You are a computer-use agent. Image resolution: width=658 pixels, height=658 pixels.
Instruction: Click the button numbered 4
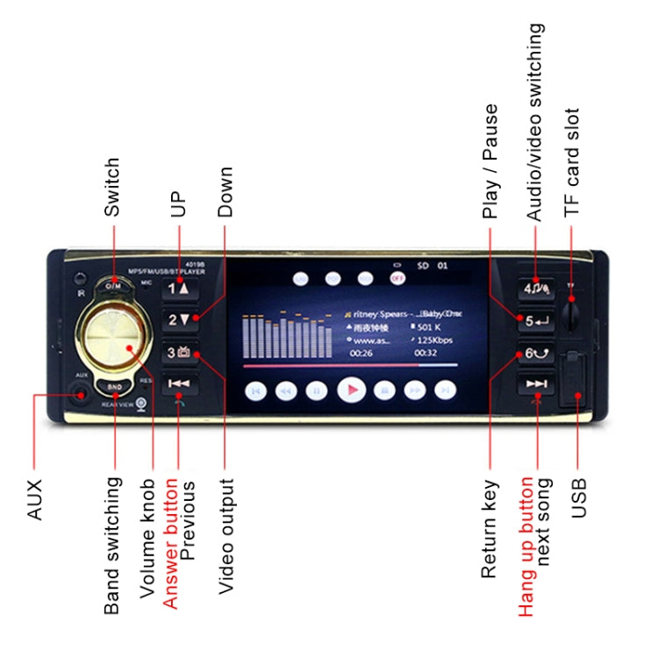pyautogui.click(x=535, y=288)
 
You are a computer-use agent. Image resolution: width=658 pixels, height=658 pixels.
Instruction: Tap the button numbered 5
pyautogui.click(x=535, y=320)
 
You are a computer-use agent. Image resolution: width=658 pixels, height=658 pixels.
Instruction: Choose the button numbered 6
pyautogui.click(x=535, y=354)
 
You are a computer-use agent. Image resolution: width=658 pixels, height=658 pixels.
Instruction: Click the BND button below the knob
pyautogui.click(x=115, y=385)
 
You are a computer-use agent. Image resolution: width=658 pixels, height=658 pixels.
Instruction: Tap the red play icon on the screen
pyautogui.click(x=351, y=389)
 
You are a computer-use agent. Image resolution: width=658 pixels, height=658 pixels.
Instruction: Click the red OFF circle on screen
pyautogui.click(x=397, y=278)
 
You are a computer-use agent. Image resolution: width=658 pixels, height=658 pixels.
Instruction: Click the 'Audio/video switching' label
pyautogui.click(x=534, y=123)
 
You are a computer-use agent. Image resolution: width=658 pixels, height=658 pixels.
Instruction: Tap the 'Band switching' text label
pyautogui.click(x=112, y=546)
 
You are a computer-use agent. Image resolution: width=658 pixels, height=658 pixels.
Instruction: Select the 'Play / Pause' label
pyautogui.click(x=490, y=161)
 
